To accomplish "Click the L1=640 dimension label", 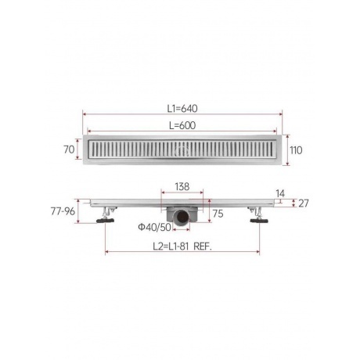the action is click(182, 109).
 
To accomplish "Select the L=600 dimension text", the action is click(182, 125).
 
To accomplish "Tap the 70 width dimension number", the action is click(69, 149).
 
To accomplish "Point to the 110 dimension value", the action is click(296, 150).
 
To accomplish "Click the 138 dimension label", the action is click(182, 186).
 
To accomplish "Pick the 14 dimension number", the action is click(280, 193).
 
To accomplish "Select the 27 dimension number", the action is click(304, 203).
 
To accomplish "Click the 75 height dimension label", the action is click(218, 214).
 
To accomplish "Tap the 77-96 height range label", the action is click(63, 211).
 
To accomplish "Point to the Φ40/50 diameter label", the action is click(154, 228).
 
